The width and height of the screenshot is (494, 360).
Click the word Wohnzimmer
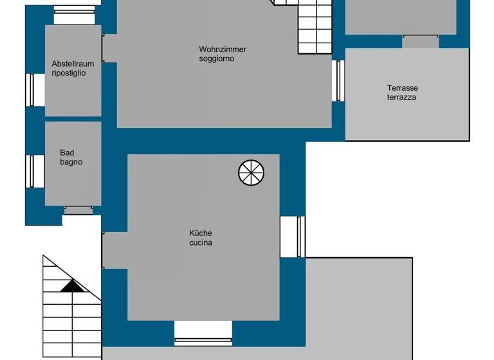click(x=223, y=50)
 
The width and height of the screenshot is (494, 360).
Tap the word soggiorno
click(x=216, y=59)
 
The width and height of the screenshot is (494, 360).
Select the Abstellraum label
click(x=73, y=64)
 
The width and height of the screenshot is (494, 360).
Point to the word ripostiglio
click(x=69, y=73)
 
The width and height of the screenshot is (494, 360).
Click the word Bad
click(x=67, y=153)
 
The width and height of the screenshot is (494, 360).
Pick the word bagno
click(x=71, y=163)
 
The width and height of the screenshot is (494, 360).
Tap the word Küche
click(x=201, y=233)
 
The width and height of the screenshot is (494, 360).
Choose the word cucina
click(x=201, y=243)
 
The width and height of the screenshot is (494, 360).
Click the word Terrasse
click(x=403, y=88)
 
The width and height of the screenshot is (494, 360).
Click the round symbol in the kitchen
click(x=251, y=172)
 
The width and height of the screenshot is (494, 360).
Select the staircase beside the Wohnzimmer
click(x=315, y=29)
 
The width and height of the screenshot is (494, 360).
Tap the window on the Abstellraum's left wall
click(x=31, y=89)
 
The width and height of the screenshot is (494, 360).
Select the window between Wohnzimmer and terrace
click(x=338, y=80)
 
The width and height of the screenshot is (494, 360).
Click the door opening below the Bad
click(x=78, y=210)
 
